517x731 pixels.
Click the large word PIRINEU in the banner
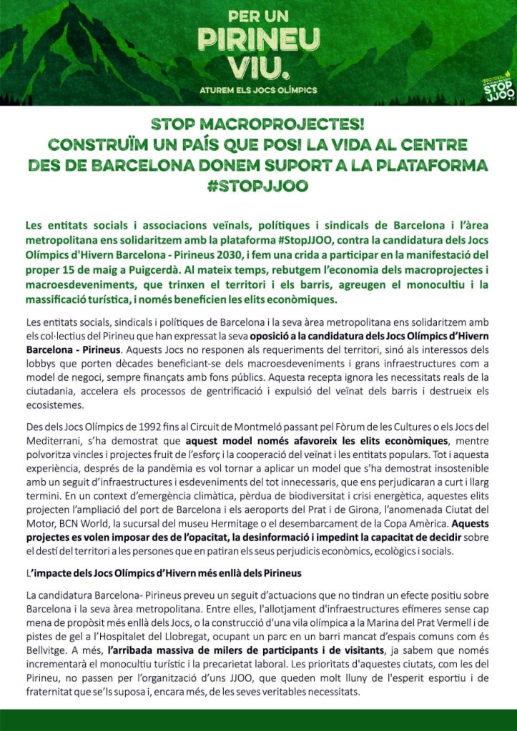pos(258,41)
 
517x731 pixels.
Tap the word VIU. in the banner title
pos(258,68)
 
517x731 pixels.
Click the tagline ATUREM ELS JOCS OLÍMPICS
pos(258,91)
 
